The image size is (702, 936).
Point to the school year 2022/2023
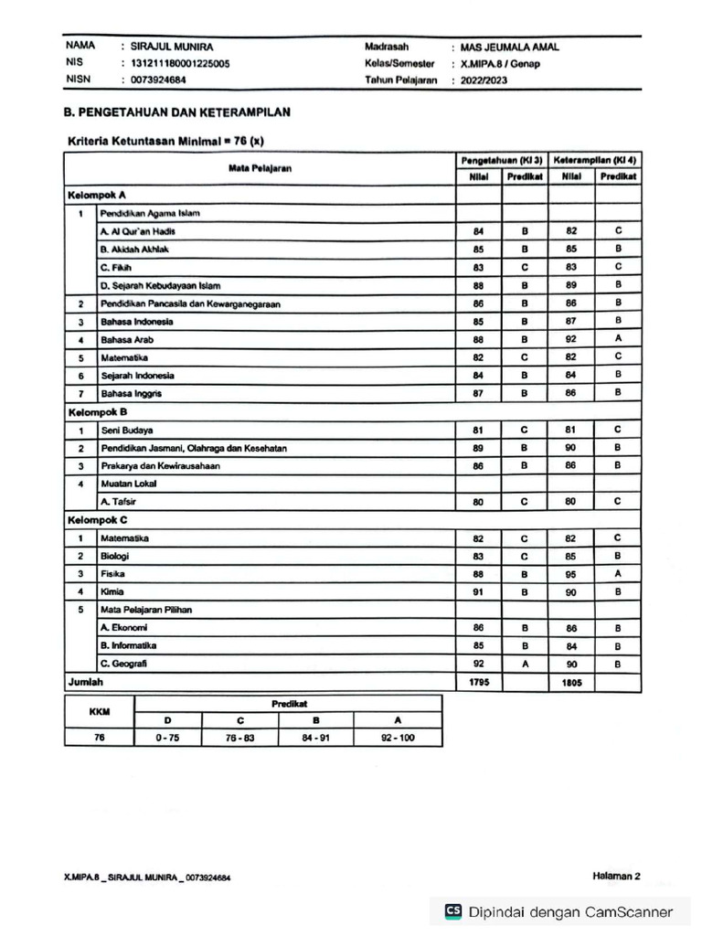(x=485, y=80)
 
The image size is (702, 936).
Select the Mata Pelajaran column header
(x=260, y=168)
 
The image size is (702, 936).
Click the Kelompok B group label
(x=96, y=412)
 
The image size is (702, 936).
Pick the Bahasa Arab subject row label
(x=124, y=339)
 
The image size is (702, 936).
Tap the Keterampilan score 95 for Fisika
(x=571, y=574)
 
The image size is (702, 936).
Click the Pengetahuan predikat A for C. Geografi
(x=526, y=664)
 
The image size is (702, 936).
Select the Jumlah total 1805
(x=571, y=682)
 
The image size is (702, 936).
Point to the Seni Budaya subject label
(x=127, y=430)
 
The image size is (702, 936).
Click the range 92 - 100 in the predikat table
(x=397, y=738)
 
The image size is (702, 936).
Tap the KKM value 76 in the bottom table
(x=100, y=738)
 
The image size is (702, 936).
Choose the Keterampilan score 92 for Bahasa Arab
(x=571, y=339)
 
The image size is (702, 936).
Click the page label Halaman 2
(x=616, y=876)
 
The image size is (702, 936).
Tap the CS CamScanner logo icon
(x=452, y=911)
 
